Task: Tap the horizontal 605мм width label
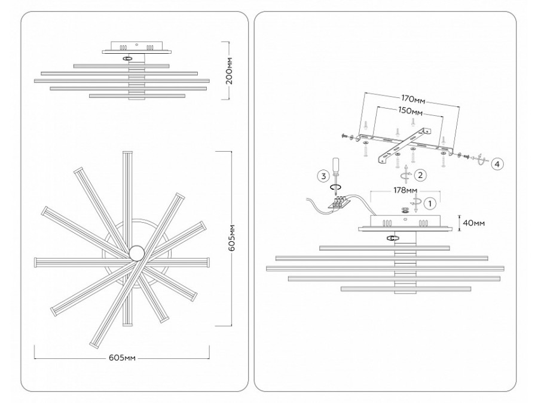(x=124, y=357)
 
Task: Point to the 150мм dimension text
(x=410, y=112)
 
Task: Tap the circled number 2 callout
(x=420, y=175)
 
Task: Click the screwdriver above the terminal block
(x=337, y=170)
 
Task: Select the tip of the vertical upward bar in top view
(x=126, y=155)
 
